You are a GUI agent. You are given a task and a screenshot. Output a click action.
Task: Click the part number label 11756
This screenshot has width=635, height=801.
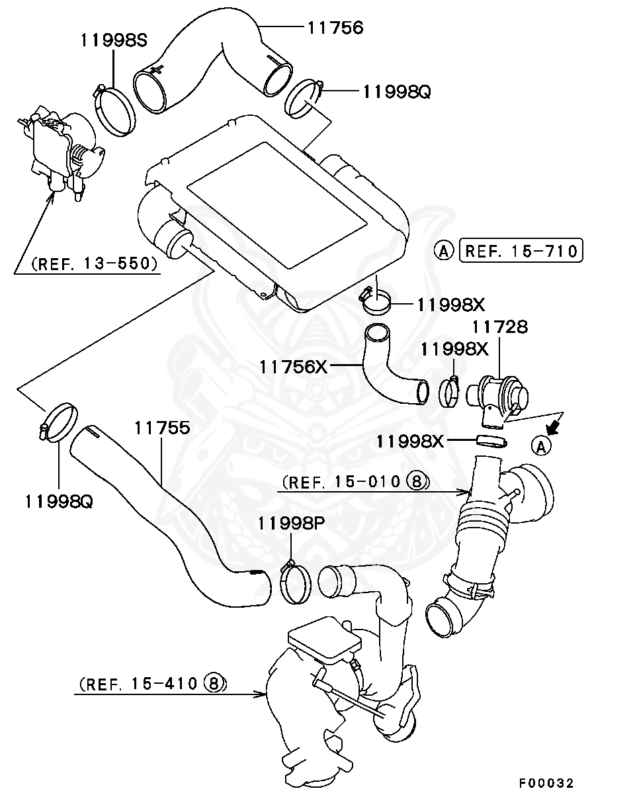click(335, 27)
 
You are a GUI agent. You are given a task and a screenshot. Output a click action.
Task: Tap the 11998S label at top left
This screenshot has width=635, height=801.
click(114, 40)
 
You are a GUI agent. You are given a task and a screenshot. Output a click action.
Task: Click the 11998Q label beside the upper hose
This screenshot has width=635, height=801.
click(396, 91)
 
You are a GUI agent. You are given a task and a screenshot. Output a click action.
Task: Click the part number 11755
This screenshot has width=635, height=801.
click(162, 428)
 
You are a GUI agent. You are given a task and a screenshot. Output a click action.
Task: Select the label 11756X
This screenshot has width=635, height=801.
click(293, 366)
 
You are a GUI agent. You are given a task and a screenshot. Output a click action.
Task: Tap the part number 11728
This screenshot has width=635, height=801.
click(499, 326)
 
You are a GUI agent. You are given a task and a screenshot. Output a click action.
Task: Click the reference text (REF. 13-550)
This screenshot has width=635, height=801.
click(93, 264)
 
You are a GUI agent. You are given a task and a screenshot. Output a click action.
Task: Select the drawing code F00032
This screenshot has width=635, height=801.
click(546, 783)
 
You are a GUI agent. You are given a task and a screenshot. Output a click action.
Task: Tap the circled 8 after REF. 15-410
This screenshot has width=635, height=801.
click(214, 683)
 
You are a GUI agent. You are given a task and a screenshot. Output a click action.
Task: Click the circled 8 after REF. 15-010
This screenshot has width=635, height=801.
click(417, 481)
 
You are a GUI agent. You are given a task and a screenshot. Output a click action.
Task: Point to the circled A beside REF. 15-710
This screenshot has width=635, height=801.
click(444, 251)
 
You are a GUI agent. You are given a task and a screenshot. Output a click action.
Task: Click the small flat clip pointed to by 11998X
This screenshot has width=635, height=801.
click(489, 440)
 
